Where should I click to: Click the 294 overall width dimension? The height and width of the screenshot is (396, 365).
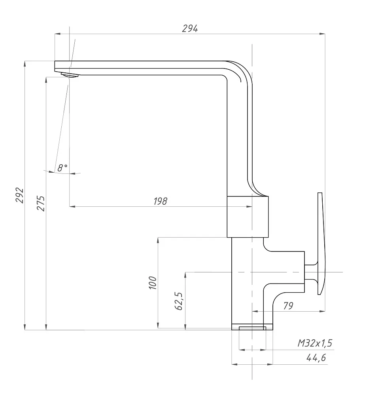190,29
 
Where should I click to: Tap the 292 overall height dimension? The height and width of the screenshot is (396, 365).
20,195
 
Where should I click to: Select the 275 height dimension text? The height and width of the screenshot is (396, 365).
41,203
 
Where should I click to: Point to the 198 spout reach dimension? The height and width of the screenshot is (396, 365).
161,201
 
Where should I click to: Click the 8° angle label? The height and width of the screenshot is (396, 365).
62,168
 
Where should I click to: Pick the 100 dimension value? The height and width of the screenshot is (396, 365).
153,283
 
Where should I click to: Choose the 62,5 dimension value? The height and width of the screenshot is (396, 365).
178,301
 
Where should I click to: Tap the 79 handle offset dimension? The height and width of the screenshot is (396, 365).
288,306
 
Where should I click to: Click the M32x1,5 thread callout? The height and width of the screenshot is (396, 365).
315,343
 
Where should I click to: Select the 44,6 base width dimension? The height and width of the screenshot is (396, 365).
316,358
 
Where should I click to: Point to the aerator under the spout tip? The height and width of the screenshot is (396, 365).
70,75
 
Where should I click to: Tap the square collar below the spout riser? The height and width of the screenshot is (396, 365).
248,217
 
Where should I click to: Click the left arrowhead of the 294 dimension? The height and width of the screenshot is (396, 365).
57,34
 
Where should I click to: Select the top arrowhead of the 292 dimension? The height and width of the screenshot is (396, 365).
25,64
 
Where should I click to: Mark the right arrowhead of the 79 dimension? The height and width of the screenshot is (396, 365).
322,311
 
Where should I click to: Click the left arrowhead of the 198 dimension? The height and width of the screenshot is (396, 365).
72,207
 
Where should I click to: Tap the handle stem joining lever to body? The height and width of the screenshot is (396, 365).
311,272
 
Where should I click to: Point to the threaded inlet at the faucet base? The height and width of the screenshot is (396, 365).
252,328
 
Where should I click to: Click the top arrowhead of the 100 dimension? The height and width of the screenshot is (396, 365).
158,240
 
